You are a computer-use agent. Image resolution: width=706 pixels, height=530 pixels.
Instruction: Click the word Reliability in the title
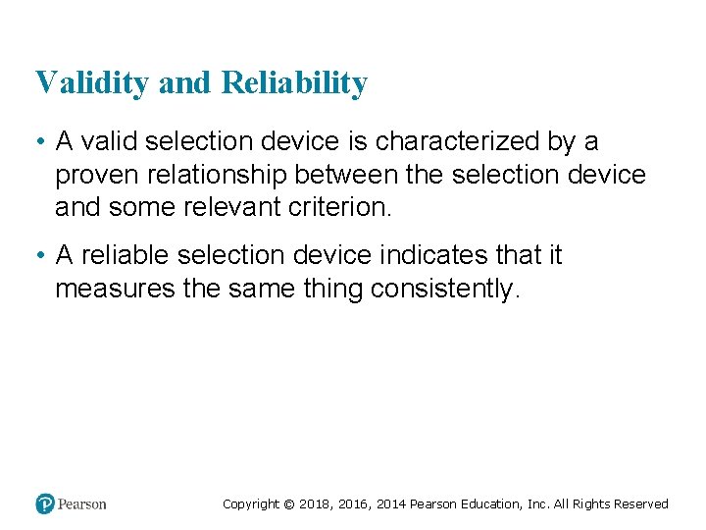(x=294, y=83)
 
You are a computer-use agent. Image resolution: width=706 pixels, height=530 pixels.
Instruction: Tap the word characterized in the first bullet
(x=459, y=142)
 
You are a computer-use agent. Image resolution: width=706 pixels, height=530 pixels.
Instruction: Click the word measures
(x=113, y=290)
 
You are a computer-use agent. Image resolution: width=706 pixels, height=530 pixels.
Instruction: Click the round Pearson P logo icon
(x=44, y=504)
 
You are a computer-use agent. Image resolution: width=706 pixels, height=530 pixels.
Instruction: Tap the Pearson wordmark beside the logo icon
(x=81, y=504)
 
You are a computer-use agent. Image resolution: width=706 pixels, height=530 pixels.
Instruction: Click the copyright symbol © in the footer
(x=288, y=504)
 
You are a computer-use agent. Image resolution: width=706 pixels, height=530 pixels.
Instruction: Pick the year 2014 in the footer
(x=388, y=504)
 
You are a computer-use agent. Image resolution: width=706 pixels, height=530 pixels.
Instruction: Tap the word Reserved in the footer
(x=641, y=504)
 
